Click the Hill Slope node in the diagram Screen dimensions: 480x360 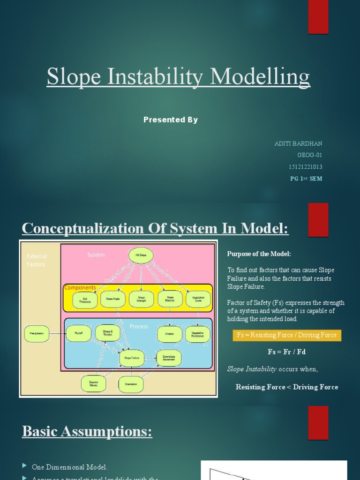click(x=141, y=255)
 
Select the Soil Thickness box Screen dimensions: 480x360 click(x=85, y=300)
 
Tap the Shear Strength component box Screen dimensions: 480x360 click(x=141, y=300)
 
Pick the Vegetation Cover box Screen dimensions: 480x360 click(x=198, y=299)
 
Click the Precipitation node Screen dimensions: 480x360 click(x=37, y=334)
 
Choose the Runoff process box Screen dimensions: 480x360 click(x=78, y=334)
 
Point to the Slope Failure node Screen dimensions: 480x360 click(x=132, y=358)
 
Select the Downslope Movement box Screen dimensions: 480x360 click(x=169, y=358)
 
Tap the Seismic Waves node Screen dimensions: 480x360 click(x=93, y=383)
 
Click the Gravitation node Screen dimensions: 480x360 click(x=131, y=384)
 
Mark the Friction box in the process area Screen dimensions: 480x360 click(x=169, y=334)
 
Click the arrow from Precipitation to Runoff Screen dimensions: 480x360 click(x=57, y=334)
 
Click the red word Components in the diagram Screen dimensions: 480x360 click(x=80, y=287)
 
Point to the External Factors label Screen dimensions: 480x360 click(x=37, y=260)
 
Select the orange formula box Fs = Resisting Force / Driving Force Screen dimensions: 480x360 click(x=287, y=335)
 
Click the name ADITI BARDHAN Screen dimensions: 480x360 click(x=298, y=143)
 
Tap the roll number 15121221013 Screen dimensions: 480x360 click(x=305, y=167)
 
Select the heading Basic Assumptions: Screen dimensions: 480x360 click(x=87, y=431)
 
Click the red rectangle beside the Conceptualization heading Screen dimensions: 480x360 click(x=318, y=220)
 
